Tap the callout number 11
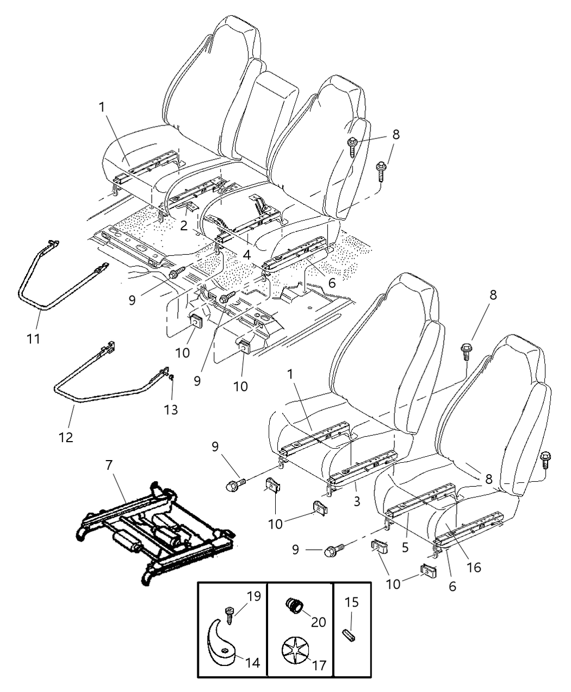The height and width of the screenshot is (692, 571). click(33, 339)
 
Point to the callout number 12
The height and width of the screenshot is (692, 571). click(66, 437)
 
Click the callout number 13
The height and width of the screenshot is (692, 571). click(171, 409)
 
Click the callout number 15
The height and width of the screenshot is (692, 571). click(352, 602)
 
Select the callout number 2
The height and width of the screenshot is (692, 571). click(184, 225)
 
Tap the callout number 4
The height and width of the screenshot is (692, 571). click(246, 254)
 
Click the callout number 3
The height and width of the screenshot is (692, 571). click(357, 501)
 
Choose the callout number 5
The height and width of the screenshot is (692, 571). click(405, 548)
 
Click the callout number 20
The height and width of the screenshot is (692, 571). click(318, 621)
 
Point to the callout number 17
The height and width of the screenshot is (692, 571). click(319, 665)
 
